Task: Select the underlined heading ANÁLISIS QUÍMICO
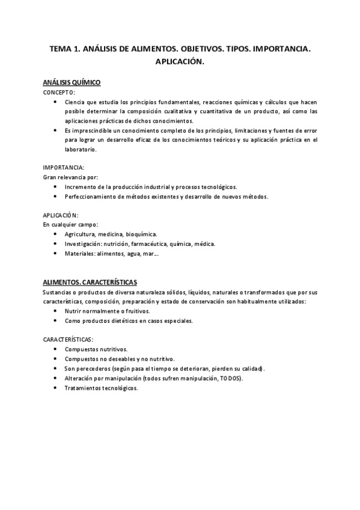[72, 82]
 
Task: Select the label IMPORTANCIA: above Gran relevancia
[64, 167]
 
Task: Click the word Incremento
[82, 186]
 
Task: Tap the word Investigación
[84, 244]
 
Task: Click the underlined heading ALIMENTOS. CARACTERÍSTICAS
[90, 282]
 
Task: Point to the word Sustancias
[58, 292]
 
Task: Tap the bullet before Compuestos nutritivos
[55, 349]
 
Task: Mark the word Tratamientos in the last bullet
[84, 388]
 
